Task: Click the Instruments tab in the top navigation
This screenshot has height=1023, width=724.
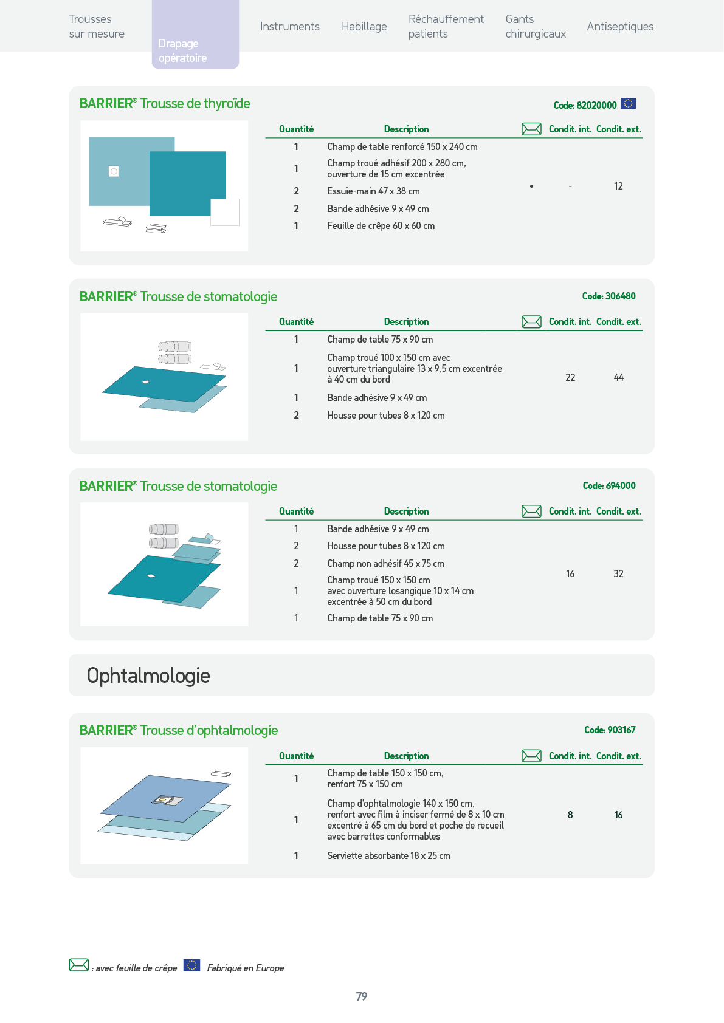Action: click(289, 27)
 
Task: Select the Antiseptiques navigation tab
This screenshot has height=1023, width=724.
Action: click(620, 27)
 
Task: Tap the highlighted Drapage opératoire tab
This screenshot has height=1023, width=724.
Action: click(195, 35)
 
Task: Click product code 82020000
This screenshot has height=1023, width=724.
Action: click(585, 105)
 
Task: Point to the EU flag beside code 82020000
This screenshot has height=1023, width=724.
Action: click(628, 104)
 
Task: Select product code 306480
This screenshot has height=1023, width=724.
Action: click(609, 296)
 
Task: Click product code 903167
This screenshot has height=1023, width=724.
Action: click(610, 730)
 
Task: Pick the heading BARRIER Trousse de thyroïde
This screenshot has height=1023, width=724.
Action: click(165, 104)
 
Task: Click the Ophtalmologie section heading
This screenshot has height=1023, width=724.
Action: click(148, 676)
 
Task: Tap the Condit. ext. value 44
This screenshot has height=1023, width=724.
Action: click(618, 378)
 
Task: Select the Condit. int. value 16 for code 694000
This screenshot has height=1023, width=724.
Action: click(570, 573)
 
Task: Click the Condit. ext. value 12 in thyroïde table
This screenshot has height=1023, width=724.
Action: click(618, 186)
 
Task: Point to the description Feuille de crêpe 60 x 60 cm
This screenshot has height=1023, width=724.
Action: click(381, 225)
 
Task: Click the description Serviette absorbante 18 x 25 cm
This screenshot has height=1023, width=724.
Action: click(388, 855)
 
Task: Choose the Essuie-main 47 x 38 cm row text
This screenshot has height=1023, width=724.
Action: click(373, 191)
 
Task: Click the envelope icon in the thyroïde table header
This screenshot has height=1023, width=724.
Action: click(531, 129)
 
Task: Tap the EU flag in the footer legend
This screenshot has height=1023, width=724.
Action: click(191, 965)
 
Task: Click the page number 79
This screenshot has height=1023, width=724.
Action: click(362, 996)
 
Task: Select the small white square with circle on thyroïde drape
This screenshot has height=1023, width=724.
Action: click(114, 171)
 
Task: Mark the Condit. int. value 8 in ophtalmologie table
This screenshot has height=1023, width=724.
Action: click(570, 815)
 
